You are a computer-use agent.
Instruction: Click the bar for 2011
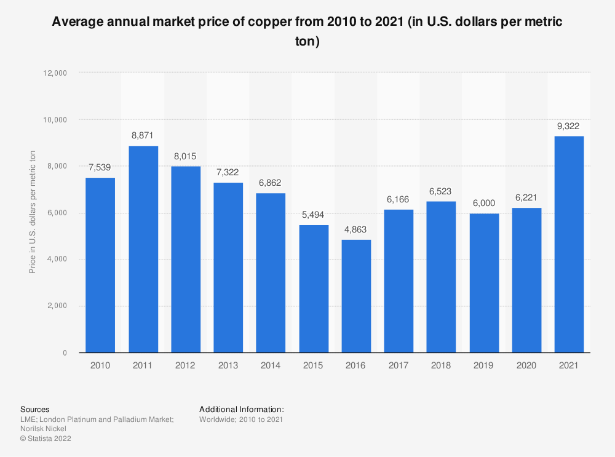pos(143,249)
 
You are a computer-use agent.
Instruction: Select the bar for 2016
pos(356,296)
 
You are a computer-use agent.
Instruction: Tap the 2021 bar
pos(569,244)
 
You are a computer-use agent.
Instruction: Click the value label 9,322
pos(569,126)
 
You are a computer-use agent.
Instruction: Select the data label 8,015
pos(185,156)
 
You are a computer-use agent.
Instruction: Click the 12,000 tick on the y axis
pos(55,73)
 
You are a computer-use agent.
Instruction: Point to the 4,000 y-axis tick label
pos(57,260)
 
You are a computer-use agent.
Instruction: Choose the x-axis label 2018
pos(441,365)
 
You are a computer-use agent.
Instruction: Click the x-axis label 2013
pos(228,365)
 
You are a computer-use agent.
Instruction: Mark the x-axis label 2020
pos(526,365)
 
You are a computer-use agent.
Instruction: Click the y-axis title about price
pos(32,213)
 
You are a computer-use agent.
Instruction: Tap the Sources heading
pos(35,409)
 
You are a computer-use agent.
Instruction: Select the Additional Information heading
pos(242,409)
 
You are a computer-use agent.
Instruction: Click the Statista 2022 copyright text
pos(46,439)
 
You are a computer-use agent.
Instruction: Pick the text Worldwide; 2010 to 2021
pos(241,419)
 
